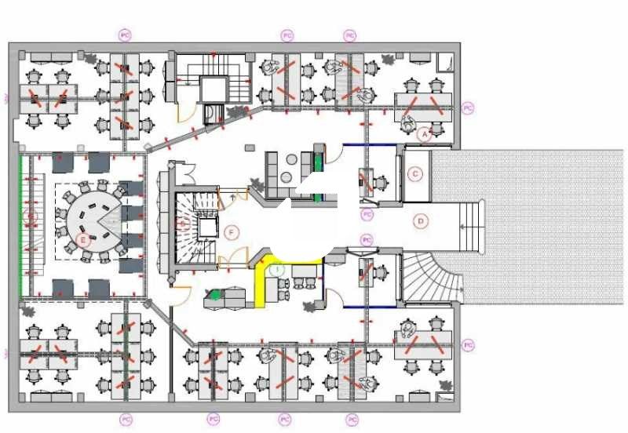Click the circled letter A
[425, 134]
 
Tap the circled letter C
[416, 173]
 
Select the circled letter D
[421, 221]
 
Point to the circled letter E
[82, 240]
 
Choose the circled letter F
[230, 232]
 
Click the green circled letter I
[276, 268]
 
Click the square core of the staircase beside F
[206, 228]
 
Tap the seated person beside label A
[409, 122]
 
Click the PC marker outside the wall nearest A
[468, 107]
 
